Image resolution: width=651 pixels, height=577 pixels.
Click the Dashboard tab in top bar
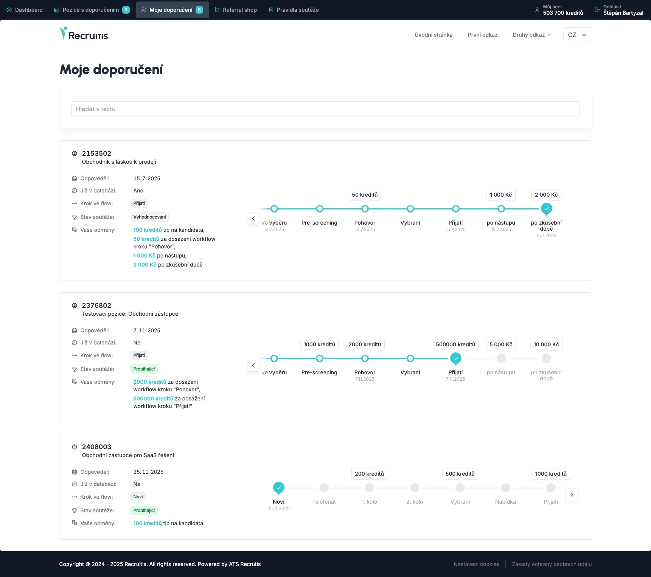pyautogui.click(x=25, y=10)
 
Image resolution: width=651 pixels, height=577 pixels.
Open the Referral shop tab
pyautogui.click(x=236, y=10)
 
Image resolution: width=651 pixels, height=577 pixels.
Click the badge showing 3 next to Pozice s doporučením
pyautogui.click(x=126, y=10)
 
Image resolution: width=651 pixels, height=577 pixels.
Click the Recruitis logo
pyautogui.click(x=84, y=34)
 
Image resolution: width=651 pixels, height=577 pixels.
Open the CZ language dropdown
pyautogui.click(x=577, y=35)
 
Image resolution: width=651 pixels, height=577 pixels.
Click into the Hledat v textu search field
pyautogui.click(x=325, y=109)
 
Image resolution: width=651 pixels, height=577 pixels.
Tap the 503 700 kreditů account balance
pyautogui.click(x=562, y=13)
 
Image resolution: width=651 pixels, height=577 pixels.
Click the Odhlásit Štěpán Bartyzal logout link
pyautogui.click(x=619, y=10)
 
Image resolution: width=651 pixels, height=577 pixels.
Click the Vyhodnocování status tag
pyautogui.click(x=149, y=217)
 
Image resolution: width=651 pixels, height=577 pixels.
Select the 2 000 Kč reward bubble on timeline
pyautogui.click(x=546, y=195)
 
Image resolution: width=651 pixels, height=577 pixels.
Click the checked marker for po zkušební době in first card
pyautogui.click(x=546, y=208)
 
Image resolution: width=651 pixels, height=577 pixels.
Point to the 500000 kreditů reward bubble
pyautogui.click(x=455, y=344)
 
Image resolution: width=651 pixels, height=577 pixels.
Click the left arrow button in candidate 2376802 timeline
pyautogui.click(x=253, y=365)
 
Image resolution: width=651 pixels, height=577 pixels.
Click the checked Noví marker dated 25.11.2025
pyautogui.click(x=279, y=488)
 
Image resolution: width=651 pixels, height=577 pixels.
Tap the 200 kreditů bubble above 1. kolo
pyautogui.click(x=369, y=474)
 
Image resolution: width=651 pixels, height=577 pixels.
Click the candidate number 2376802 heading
pyautogui.click(x=96, y=306)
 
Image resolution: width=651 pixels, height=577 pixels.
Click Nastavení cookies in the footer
pyautogui.click(x=476, y=564)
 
